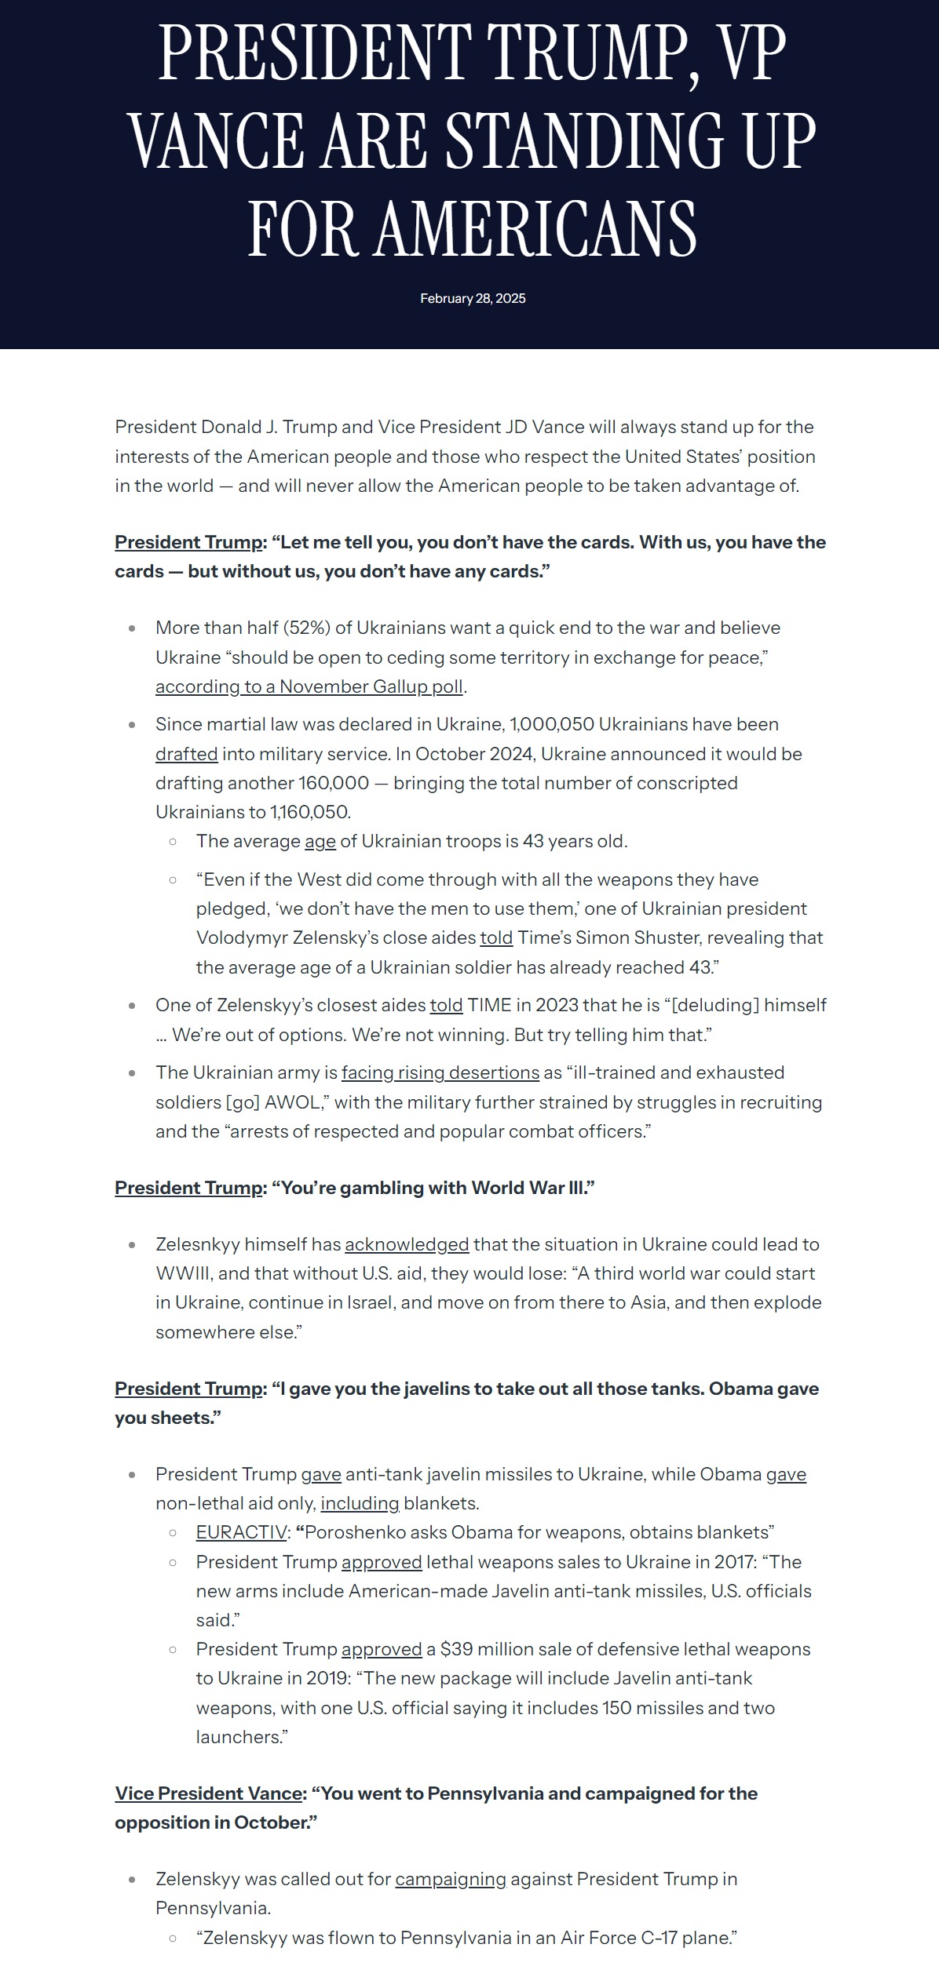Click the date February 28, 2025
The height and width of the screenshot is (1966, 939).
coord(473,298)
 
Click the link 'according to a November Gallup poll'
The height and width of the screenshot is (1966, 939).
coord(309,686)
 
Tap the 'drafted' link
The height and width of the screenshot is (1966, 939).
coord(186,754)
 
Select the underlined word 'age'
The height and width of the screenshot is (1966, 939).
coord(320,841)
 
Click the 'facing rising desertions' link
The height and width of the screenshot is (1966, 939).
coord(440,1072)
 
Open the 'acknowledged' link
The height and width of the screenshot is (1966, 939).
coord(407,1244)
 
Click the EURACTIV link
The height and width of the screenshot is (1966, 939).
coord(241,1532)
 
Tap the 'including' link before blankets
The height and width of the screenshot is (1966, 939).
coord(360,1503)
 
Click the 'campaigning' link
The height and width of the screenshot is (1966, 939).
coord(451,1879)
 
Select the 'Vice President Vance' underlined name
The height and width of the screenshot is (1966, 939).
coord(209,1793)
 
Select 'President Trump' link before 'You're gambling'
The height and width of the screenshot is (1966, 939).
coord(188,1188)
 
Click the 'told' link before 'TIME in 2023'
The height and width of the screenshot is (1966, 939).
coord(446,1005)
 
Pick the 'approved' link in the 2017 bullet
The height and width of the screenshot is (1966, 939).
coord(382,1562)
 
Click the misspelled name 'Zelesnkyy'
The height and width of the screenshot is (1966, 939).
coord(197,1244)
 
